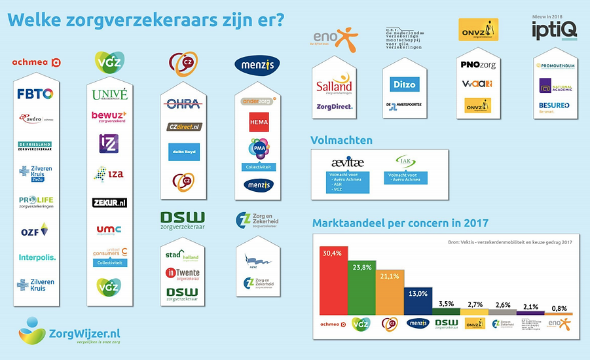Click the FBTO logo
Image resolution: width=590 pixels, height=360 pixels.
tap(35, 94)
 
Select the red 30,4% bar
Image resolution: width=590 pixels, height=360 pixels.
tap(333, 281)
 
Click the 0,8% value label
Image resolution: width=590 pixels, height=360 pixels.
tap(559, 308)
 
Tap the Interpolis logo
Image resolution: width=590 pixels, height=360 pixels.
tap(37, 257)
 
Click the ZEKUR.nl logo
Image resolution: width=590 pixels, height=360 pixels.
tap(109, 203)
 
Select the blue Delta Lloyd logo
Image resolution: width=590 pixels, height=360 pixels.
tap(183, 151)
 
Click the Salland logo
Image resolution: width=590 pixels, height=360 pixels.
tap(334, 85)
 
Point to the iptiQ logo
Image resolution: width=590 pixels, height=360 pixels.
tap(553, 29)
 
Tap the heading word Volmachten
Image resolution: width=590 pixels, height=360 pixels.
tap(342, 139)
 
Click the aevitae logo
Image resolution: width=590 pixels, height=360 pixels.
tap(347, 162)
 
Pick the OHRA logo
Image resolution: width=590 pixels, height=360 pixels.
tap(183, 104)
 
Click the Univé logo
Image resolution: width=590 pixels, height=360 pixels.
tap(110, 95)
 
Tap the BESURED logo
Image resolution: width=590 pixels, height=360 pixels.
tap(553, 105)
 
